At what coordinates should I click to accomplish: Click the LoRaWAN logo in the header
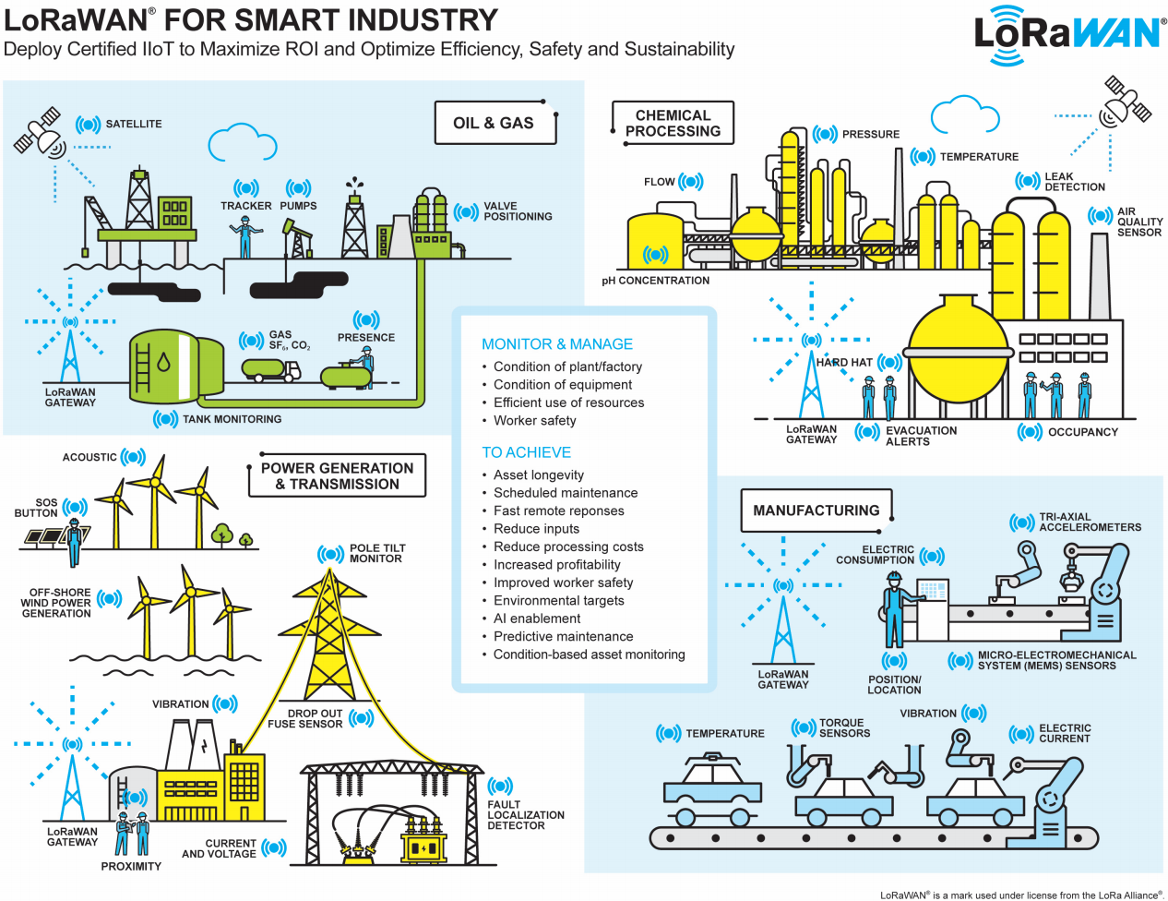1069,34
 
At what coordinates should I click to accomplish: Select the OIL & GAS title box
495,123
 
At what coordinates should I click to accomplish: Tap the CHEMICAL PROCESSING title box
673,123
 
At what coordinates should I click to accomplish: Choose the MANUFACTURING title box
816,511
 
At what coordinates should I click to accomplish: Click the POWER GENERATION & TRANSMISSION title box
338,475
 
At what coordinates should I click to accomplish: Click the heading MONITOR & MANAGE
557,344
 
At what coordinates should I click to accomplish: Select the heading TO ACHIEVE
526,452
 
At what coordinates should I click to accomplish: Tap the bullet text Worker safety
534,421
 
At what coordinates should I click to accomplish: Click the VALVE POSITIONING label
518,211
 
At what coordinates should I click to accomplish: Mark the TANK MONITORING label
232,419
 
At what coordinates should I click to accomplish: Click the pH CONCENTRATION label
656,281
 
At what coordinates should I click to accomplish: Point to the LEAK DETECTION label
1074,182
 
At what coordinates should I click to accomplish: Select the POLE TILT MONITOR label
376,553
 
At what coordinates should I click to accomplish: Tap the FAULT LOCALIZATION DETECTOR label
525,815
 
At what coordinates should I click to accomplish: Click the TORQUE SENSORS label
844,728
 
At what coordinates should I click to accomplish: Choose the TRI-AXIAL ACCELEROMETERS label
1090,523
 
